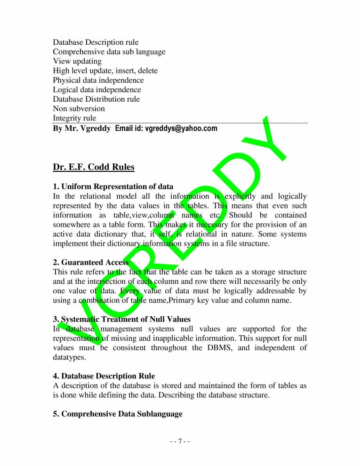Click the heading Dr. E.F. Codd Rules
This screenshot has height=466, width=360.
[x=94, y=167]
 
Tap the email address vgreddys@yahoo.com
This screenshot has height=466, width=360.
[x=181, y=128]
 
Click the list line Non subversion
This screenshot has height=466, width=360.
[x=79, y=108]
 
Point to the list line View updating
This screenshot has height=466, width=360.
[x=77, y=61]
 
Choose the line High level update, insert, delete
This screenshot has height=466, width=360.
[x=105, y=71]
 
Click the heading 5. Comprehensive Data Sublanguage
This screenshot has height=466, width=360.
[x=118, y=414]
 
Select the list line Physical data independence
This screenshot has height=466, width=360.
[x=98, y=80]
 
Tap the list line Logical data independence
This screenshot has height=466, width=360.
[x=96, y=89]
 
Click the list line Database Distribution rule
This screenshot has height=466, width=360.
[x=96, y=99]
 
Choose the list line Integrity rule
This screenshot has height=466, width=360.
[x=74, y=118]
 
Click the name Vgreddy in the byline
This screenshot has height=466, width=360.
[x=96, y=128]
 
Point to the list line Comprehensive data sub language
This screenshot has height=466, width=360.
[x=109, y=52]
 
